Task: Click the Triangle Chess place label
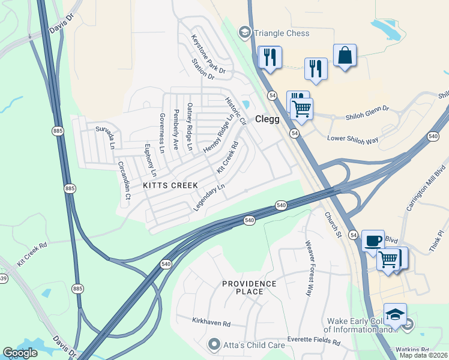pos(282,34)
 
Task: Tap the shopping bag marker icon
pos(345,56)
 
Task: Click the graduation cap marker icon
pos(395,315)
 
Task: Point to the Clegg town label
pos(267,119)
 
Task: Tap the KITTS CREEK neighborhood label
pos(170,186)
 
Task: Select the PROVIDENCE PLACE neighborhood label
pos(249,287)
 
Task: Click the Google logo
pos(20,353)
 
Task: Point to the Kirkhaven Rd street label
pos(211,323)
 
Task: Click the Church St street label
pos(333,224)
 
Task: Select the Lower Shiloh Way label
pos(352,140)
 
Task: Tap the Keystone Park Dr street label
pos(208,55)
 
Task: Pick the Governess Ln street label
pos(161,131)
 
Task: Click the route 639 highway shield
pos(2,278)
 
